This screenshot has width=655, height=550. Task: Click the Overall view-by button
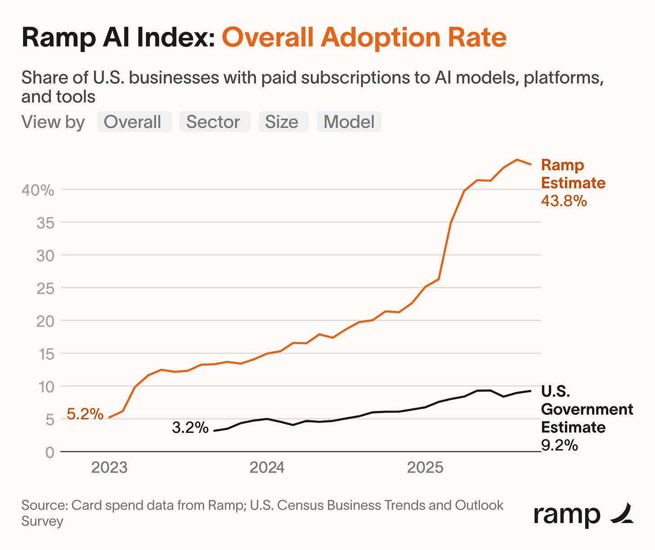pos(134,122)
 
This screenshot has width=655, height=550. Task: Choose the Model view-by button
pos(349,122)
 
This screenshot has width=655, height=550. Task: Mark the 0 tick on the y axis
pos(50,452)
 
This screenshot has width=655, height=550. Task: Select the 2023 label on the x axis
pos(109,468)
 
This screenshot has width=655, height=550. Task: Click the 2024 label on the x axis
pos(267,468)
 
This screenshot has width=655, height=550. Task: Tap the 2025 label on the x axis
pos(425,468)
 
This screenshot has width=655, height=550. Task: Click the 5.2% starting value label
pos(85,414)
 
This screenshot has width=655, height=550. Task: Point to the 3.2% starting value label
pos(190,427)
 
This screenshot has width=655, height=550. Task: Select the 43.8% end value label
pos(564,201)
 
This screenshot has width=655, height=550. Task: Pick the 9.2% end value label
pos(559,445)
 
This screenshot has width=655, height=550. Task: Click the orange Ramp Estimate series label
pos(573,174)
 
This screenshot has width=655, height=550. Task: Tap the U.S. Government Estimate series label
pos(586,409)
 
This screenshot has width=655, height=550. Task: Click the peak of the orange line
pos(517,159)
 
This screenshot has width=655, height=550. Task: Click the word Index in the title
pos(178,38)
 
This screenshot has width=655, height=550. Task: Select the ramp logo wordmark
pos(567,515)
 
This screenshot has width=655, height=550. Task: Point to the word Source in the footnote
pos(42,505)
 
